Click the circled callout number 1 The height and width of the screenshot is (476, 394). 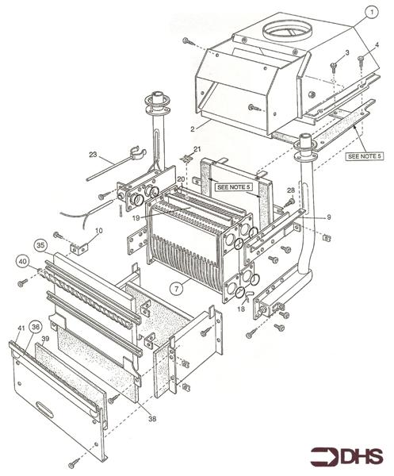point(371,13)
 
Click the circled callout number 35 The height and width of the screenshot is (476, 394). point(38,244)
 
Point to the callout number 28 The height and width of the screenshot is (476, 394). point(290,192)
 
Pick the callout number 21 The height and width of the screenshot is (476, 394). point(198,149)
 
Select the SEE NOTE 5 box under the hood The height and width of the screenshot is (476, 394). point(364,156)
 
